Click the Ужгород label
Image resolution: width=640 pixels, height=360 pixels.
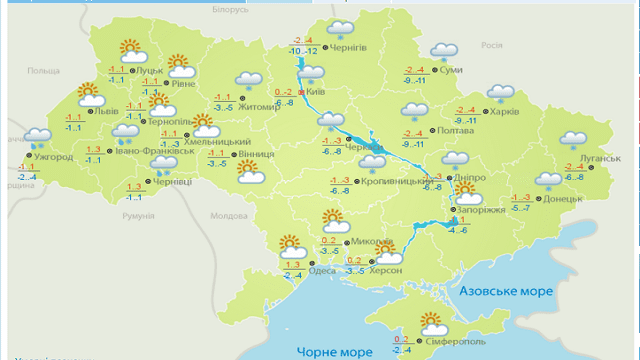click(x=52, y=157)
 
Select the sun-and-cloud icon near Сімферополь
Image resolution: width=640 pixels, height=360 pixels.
click(x=433, y=323)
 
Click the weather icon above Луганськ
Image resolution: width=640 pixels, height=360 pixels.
click(x=575, y=140)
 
